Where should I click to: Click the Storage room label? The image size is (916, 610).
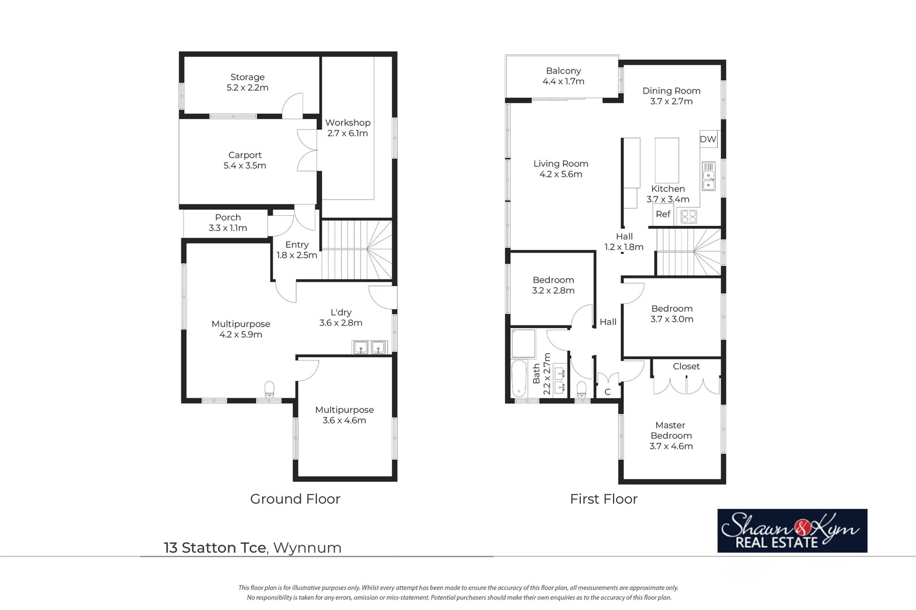(x=247, y=77)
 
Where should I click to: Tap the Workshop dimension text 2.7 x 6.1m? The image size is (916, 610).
(x=348, y=133)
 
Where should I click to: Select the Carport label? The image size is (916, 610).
(x=245, y=155)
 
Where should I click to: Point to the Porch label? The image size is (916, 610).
(x=228, y=217)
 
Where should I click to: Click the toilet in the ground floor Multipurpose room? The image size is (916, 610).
(x=270, y=389)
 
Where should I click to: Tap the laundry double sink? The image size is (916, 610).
(x=370, y=347)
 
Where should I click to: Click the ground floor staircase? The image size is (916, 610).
(x=356, y=249)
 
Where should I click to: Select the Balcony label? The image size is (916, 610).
(x=563, y=71)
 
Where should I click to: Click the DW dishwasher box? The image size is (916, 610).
(x=708, y=139)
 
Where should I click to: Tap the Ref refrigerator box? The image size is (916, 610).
(x=663, y=215)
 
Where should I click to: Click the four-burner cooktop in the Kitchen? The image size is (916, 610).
(x=688, y=216)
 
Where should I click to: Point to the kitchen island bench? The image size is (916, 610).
(x=667, y=160)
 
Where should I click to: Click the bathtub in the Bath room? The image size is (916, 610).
(x=519, y=379)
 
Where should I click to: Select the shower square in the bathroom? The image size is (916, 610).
(x=523, y=343)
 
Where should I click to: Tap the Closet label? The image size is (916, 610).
(x=686, y=367)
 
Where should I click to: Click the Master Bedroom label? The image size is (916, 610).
(x=671, y=430)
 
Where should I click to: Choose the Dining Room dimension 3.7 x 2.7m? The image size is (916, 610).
(x=671, y=102)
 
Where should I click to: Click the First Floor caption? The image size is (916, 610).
(x=604, y=499)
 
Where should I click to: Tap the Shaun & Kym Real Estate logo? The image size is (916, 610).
(x=792, y=530)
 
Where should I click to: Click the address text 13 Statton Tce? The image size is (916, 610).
(x=215, y=548)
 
